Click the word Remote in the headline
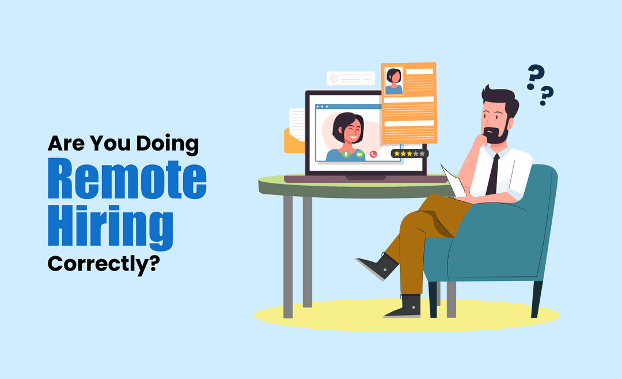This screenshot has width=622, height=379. tap(126, 180)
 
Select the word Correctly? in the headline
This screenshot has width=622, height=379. tap(103, 264)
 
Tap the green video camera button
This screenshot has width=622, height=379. tap(359, 154)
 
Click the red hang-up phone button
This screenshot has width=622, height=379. tap(373, 154)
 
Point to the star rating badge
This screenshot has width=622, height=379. tap(409, 153)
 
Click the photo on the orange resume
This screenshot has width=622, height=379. tap(394, 81)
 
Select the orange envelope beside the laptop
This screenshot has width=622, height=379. tap(294, 141)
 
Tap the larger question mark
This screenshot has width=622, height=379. tap(535, 77)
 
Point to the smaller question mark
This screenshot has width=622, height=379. tap(547, 95)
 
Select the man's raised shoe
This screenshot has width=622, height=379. tap(377, 266)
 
